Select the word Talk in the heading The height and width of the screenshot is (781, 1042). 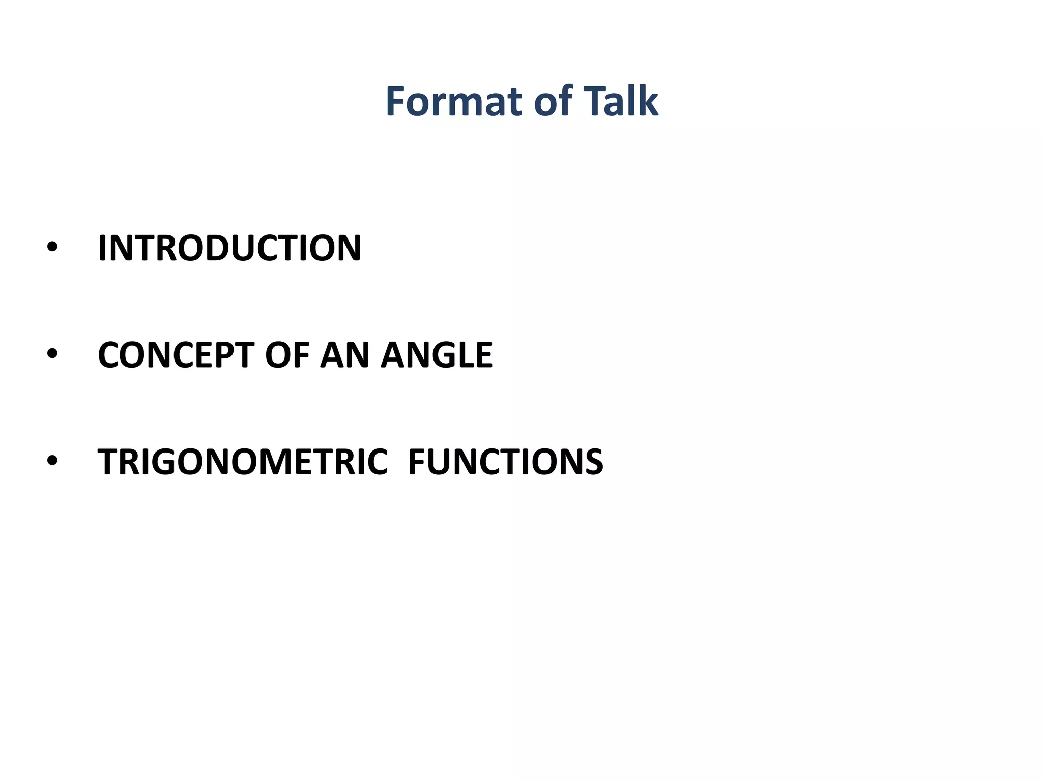[621, 101]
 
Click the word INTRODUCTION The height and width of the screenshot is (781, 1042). [229, 248]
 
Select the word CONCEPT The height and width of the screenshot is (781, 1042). [176, 355]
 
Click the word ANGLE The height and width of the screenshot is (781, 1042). [437, 355]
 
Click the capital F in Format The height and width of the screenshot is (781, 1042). [396, 101]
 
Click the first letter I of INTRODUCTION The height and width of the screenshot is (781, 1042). [102, 248]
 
